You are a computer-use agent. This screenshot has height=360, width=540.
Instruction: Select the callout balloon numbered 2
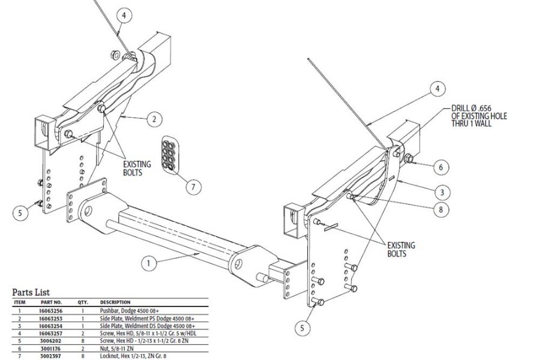(x=154, y=119)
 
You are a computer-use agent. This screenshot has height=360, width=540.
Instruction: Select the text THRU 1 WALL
(x=474, y=124)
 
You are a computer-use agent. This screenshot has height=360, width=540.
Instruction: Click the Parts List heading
(x=35, y=292)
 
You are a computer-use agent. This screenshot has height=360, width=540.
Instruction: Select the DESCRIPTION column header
(x=115, y=302)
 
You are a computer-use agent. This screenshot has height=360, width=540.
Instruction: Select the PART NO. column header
(x=52, y=302)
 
